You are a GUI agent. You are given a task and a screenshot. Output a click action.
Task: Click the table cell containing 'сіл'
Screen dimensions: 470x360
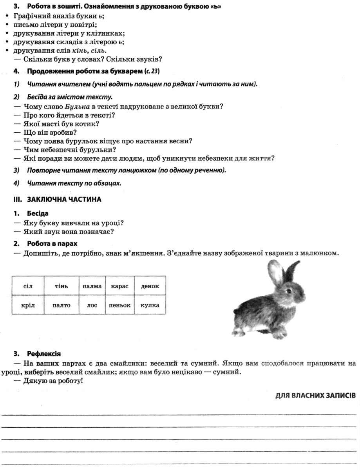click(28, 286)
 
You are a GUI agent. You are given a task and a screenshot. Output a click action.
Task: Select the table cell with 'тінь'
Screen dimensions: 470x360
click(61, 286)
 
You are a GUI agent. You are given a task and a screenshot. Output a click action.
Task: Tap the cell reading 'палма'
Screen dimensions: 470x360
click(92, 286)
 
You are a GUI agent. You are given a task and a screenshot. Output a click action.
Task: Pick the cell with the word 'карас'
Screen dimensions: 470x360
click(120, 286)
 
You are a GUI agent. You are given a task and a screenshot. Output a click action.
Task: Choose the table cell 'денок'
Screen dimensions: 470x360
click(150, 286)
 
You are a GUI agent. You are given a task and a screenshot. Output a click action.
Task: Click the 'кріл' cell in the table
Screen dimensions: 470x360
click(28, 305)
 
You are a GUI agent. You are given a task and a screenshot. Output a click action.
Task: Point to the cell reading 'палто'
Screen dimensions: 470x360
click(61, 305)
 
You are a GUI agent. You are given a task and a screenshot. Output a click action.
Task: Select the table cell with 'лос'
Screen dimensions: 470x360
click(92, 305)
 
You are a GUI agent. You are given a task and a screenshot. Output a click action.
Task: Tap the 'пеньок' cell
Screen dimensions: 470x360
click(120, 305)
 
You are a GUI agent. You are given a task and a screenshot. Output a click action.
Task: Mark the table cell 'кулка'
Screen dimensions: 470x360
click(150, 305)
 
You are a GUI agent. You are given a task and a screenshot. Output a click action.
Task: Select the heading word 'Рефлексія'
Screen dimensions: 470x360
click(44, 354)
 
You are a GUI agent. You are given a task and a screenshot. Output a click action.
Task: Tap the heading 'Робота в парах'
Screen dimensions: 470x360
click(52, 243)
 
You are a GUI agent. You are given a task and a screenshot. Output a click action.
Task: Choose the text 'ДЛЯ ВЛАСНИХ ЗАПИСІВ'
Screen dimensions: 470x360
click(315, 396)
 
